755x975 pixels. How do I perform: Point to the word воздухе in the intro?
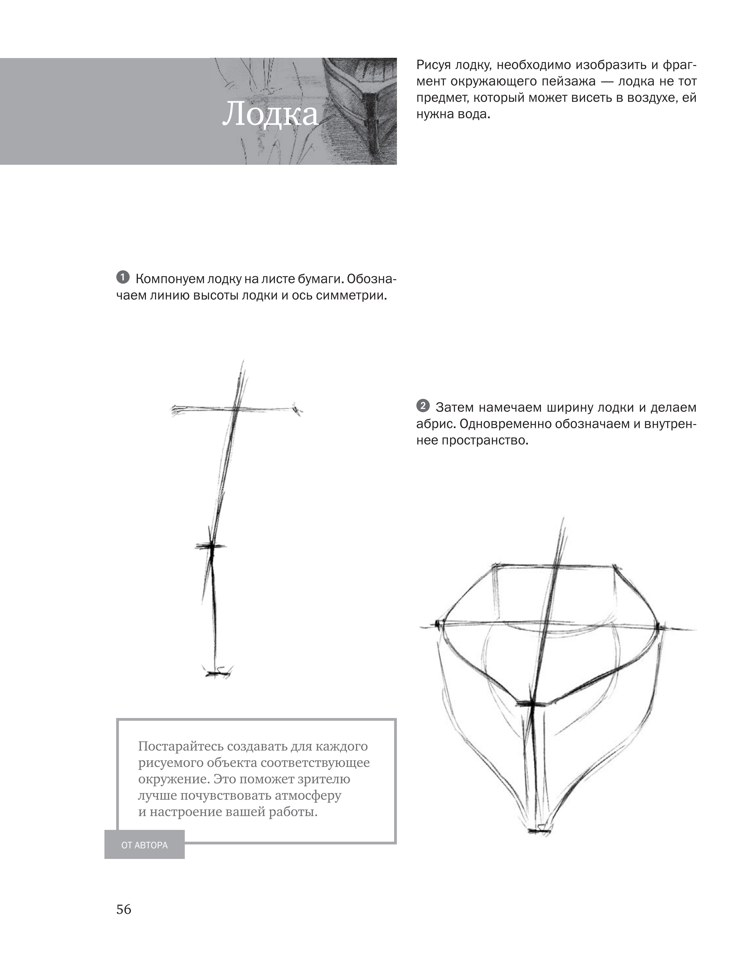pos(651,98)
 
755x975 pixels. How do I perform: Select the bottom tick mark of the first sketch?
pos(217,671)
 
